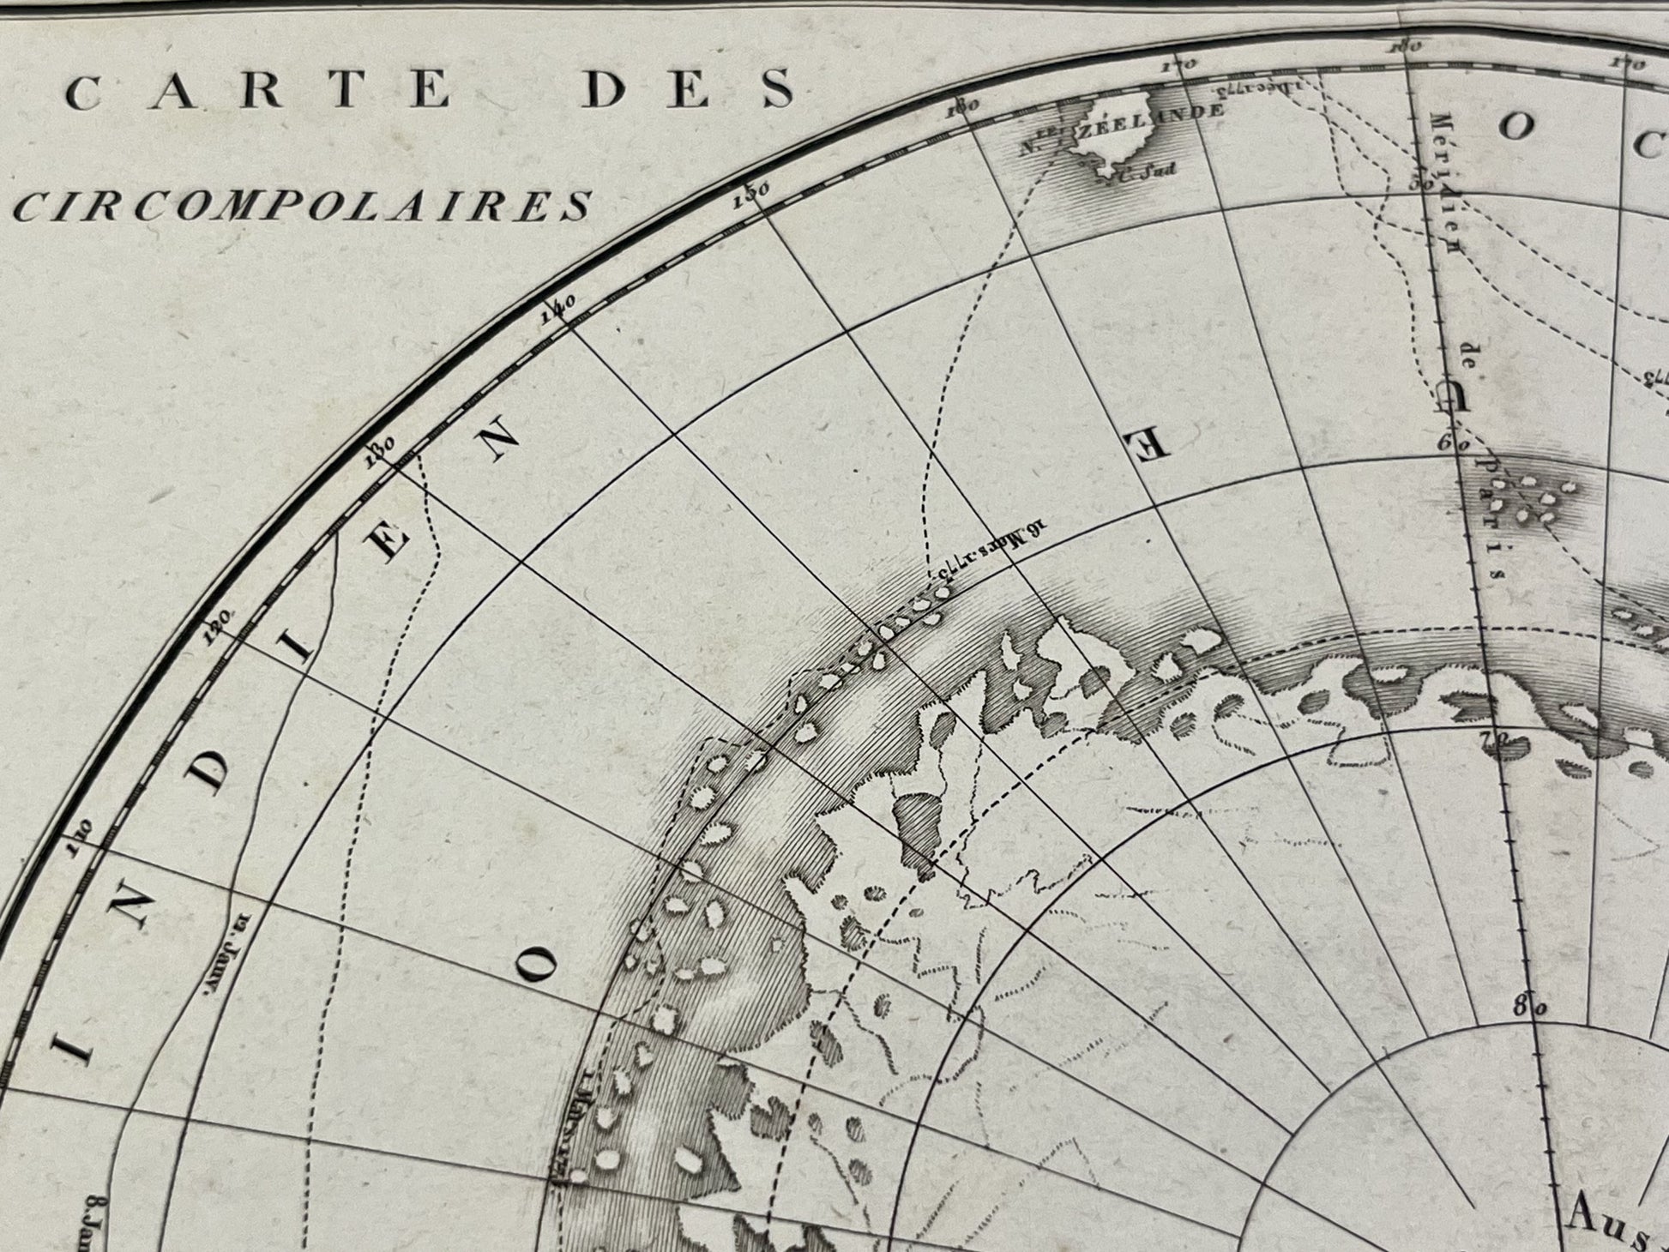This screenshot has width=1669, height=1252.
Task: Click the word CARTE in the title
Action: point(258,90)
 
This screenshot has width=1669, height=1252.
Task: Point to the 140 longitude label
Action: point(558,308)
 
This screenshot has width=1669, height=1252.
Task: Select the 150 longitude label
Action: point(752,193)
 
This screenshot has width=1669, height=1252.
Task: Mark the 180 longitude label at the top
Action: point(1408,46)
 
